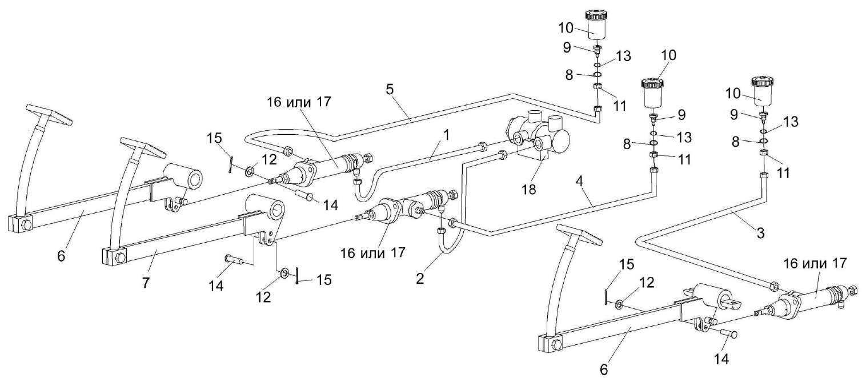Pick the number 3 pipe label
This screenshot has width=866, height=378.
(759, 233)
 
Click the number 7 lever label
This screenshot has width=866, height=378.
(145, 283)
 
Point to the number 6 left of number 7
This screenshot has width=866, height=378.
(61, 256)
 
